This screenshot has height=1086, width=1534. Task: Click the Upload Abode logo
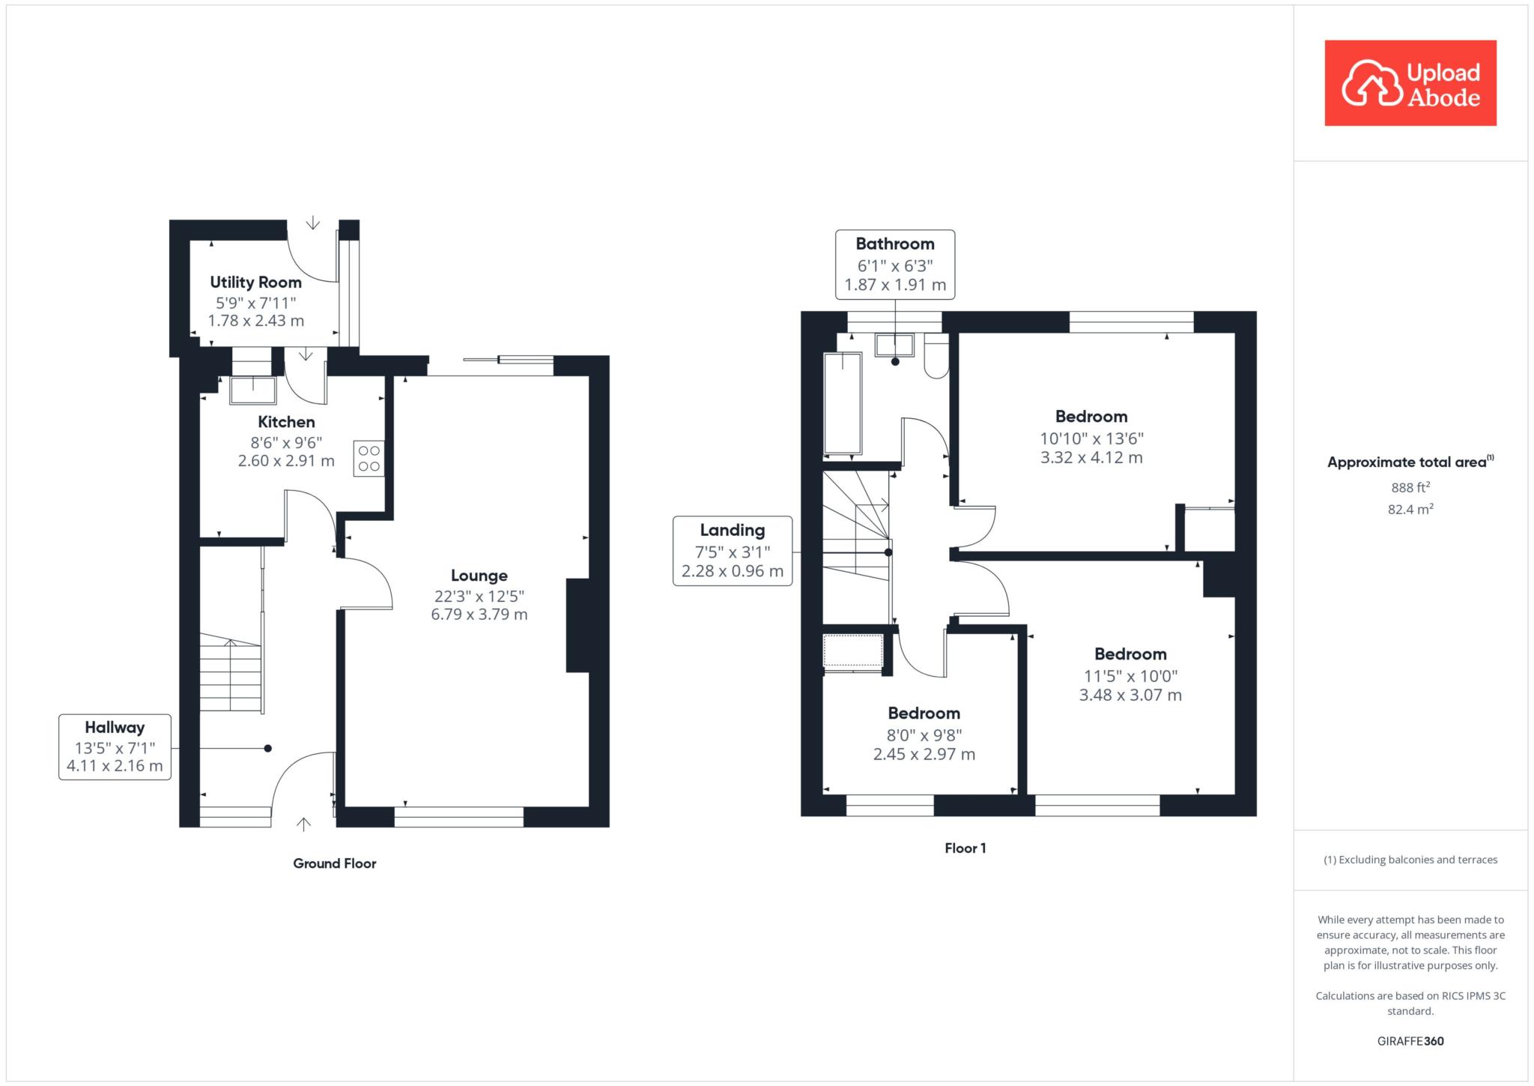point(1410,83)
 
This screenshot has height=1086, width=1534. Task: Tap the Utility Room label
point(255,283)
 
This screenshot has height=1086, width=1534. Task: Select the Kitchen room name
point(286,422)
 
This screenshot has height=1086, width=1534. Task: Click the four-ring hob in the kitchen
point(369,459)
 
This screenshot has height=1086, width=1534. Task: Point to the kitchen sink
point(253,390)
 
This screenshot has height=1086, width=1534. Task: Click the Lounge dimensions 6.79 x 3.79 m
point(479,615)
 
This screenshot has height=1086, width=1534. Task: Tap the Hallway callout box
point(115,747)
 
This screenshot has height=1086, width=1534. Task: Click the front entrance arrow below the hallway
point(303,824)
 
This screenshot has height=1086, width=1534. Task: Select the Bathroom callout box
point(895,265)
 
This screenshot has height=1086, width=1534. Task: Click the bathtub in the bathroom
point(843,404)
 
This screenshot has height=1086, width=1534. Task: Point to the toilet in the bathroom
point(936,356)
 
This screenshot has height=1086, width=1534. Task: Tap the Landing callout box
point(733,551)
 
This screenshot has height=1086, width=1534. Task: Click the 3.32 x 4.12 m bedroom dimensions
point(1091,458)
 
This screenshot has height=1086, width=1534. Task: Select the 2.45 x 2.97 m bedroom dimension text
point(924,755)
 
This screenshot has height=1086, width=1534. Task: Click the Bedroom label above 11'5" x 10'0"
point(1130,654)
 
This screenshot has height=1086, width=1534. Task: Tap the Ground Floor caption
point(335,863)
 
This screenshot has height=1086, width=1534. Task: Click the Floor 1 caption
point(965,848)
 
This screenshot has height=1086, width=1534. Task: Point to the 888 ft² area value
point(1410,487)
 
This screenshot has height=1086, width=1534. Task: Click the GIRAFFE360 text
point(1410,1041)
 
